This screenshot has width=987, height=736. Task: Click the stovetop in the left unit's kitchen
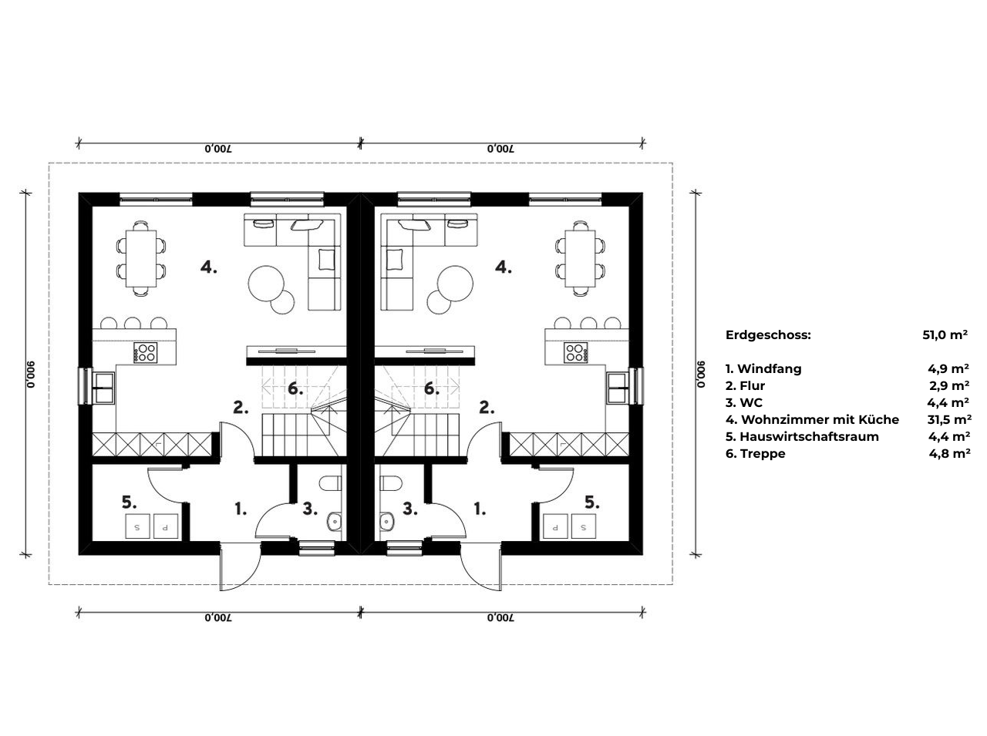146,353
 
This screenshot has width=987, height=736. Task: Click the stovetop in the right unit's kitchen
576,353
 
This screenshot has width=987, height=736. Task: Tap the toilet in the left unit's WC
331,484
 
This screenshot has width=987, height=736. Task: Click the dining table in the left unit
141,258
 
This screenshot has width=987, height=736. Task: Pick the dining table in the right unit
580,258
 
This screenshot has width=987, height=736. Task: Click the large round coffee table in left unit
266,284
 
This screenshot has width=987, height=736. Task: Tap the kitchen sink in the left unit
104,387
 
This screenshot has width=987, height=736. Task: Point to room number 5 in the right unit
591,503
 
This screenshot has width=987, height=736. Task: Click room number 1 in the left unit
241,509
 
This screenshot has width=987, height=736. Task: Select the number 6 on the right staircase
432,389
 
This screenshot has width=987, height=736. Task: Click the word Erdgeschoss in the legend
768,335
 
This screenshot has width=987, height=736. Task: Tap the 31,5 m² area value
949,420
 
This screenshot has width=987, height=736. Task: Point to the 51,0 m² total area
945,334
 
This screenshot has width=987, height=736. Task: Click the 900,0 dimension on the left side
30,374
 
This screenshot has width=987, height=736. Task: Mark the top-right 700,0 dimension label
501,149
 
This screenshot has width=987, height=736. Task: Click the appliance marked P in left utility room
166,526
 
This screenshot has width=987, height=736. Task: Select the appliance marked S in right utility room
584,526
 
